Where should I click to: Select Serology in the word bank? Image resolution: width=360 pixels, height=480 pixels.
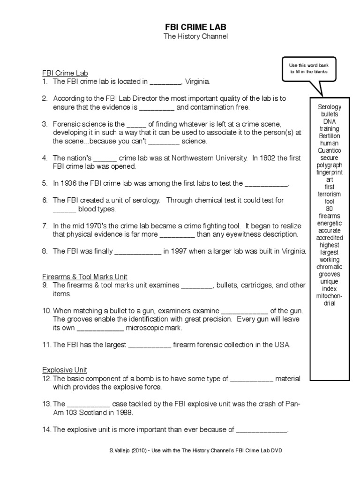pyautogui.click(x=330, y=107)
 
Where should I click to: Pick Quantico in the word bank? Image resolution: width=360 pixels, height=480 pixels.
pyautogui.click(x=330, y=150)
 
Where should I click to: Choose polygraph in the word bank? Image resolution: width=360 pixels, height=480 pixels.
pyautogui.click(x=330, y=165)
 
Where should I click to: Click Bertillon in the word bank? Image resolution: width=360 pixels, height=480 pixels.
pyautogui.click(x=330, y=136)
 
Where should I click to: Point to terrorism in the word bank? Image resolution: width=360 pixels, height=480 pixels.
pyautogui.click(x=330, y=194)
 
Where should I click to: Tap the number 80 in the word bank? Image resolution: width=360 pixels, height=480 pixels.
pyautogui.click(x=330, y=209)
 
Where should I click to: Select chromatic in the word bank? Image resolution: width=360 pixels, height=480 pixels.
pyautogui.click(x=330, y=267)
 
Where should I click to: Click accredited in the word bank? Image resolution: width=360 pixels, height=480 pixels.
pyautogui.click(x=330, y=238)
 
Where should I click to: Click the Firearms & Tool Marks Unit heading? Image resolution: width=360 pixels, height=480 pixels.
pyautogui.click(x=85, y=277)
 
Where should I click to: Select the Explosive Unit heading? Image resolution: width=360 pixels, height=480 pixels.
pyautogui.click(x=65, y=370)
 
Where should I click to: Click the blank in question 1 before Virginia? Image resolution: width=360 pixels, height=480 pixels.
pyautogui.click(x=165, y=82)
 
